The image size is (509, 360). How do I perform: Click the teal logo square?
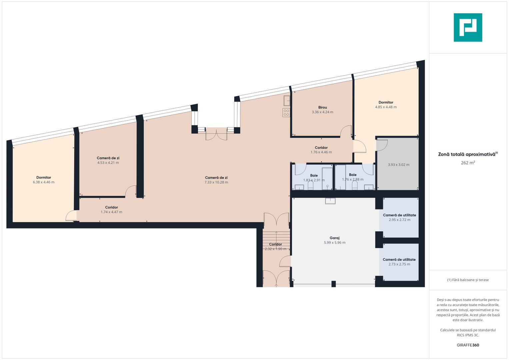(468, 27)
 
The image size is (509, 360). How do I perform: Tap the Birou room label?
(322, 107)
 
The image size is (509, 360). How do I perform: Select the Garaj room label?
(334, 238)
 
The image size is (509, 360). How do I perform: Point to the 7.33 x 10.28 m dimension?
(216, 182)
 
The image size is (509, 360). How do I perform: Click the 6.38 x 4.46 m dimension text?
(44, 182)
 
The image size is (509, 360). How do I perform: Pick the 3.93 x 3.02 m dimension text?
(399, 165)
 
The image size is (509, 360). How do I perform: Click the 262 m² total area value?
(468, 163)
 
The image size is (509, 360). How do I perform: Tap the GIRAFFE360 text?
(468, 345)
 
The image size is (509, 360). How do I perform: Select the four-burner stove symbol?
(286, 113)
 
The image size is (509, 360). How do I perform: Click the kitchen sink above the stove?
(287, 101)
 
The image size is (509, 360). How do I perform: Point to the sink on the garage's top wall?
(330, 201)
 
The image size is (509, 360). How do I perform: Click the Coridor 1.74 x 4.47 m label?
(111, 210)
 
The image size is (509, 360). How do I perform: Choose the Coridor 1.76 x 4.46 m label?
(321, 150)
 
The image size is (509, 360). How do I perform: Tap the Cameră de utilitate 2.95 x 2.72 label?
(399, 217)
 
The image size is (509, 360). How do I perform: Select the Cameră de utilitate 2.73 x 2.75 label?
(399, 262)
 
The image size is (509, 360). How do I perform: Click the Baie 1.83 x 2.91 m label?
(314, 178)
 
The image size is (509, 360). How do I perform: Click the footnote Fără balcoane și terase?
(468, 280)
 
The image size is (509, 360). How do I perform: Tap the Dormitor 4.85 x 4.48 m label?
(386, 105)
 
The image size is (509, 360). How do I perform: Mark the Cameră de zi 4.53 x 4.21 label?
(108, 160)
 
